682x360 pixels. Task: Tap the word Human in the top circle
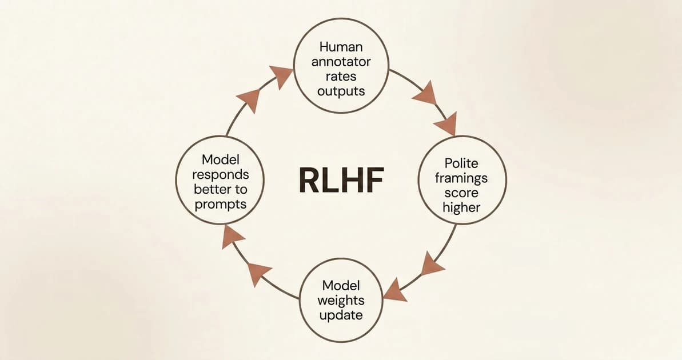341,47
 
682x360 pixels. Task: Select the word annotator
341,62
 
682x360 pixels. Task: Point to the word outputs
341,91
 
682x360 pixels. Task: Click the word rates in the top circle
341,77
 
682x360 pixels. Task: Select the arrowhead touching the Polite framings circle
445,123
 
